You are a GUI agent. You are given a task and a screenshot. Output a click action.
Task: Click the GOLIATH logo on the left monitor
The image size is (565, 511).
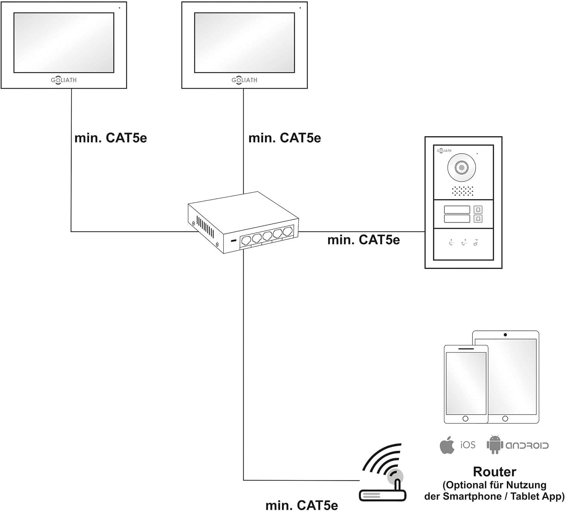(64, 80)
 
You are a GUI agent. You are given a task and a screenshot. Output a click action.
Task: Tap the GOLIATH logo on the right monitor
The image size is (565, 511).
(244, 80)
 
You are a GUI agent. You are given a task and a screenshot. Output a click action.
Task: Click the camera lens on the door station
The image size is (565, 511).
(461, 168)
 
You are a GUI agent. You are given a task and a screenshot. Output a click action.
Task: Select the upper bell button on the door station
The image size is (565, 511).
(478, 210)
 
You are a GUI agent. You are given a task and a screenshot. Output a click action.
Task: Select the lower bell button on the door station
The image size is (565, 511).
(478, 219)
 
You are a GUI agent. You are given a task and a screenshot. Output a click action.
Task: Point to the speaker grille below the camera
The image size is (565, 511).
(463, 191)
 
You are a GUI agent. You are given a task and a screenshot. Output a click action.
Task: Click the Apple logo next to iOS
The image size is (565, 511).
(447, 445)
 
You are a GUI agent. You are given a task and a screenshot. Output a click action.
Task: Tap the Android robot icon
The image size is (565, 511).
(495, 444)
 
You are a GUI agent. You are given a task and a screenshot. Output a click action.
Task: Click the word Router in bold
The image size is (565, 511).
(495, 472)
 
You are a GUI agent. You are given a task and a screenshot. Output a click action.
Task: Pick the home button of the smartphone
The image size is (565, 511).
(465, 419)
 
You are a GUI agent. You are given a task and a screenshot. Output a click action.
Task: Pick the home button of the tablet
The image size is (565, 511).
(505, 419)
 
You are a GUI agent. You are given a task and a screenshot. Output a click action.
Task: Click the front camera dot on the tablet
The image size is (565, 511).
(505, 335)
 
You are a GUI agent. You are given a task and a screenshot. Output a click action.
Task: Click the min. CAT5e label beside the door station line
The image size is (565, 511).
(363, 240)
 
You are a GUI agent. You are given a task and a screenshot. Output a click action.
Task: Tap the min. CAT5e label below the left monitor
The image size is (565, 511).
(111, 138)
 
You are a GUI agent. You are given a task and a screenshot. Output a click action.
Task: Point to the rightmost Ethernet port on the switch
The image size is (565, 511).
(287, 231)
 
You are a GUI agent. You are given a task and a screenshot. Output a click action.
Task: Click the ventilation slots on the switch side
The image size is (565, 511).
(205, 226)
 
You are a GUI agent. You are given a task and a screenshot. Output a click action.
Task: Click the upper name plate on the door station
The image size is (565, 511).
(457, 210)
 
